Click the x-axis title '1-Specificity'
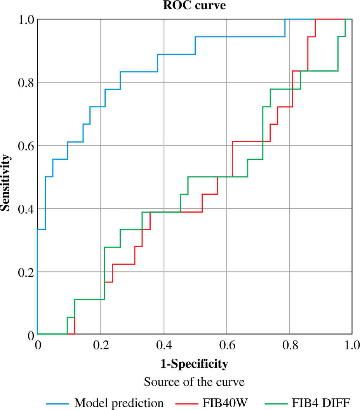194,364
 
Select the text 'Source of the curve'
194,382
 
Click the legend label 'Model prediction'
119,403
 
